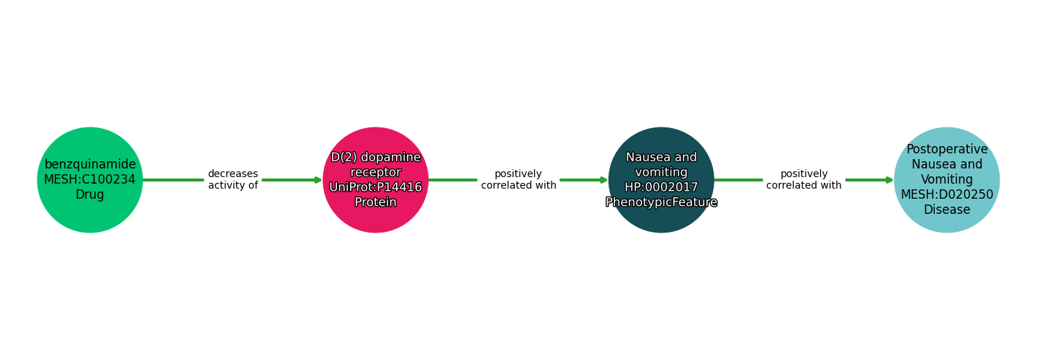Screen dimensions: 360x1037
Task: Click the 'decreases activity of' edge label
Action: pyautogui.click(x=233, y=180)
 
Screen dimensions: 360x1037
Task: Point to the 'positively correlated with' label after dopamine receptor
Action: pyautogui.click(x=518, y=180)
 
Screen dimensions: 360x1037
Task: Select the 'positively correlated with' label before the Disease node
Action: pyautogui.click(x=804, y=180)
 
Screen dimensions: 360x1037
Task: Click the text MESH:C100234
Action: pyautogui.click(x=90, y=180)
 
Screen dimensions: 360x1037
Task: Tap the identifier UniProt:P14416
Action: pyautogui.click(x=375, y=187)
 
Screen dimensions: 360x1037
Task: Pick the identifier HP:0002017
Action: pyautogui.click(x=661, y=187)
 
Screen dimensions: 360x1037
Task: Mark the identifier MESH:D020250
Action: pyautogui.click(x=947, y=195)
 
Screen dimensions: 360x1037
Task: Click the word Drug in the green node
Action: pyautogui.click(x=90, y=195)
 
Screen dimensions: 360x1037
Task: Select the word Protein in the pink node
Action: pyautogui.click(x=375, y=202)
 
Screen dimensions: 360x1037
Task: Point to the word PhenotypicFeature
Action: pyautogui.click(x=661, y=202)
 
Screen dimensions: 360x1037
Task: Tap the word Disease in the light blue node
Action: pyautogui.click(x=947, y=210)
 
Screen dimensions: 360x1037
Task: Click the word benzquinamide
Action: pyautogui.click(x=90, y=164)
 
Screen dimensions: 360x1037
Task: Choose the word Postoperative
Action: pyautogui.click(x=947, y=149)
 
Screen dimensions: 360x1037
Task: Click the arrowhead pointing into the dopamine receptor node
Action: pyautogui.click(x=318, y=180)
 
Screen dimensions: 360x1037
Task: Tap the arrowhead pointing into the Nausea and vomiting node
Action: pyautogui.click(x=603, y=180)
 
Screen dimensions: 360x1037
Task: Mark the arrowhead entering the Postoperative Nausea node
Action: pyautogui.click(x=889, y=180)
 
